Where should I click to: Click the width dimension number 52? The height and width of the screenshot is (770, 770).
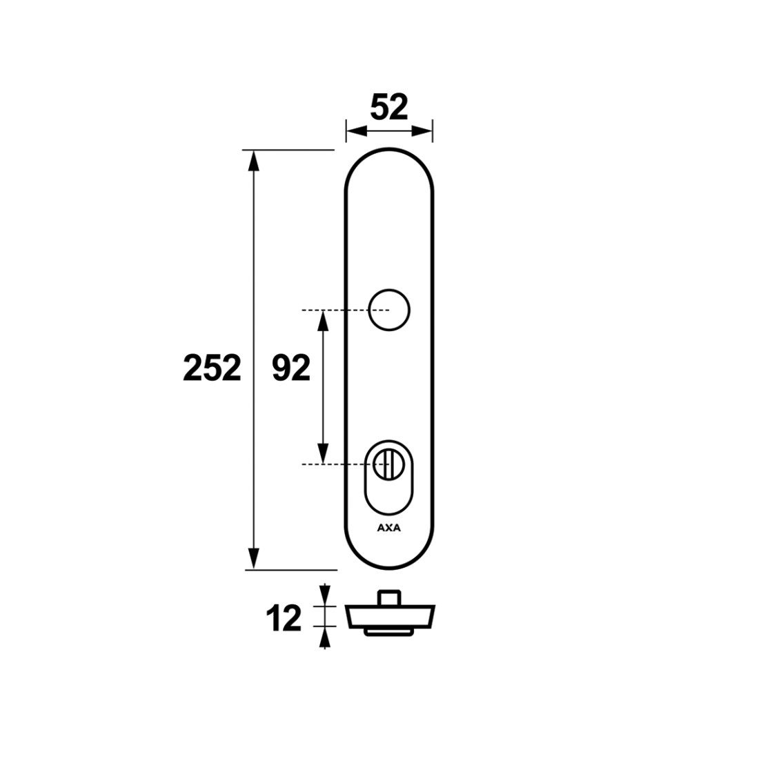(389, 108)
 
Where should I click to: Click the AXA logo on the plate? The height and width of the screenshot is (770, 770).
(389, 529)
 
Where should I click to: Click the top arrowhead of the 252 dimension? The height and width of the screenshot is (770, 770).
(253, 161)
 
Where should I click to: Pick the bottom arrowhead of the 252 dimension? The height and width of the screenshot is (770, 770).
(253, 558)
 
